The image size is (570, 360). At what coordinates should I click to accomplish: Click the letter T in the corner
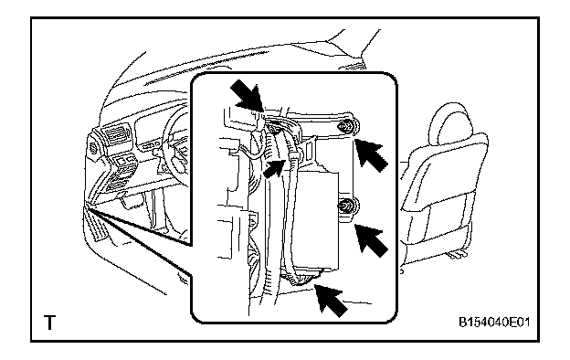[50, 323]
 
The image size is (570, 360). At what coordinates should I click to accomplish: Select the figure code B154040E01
[494, 323]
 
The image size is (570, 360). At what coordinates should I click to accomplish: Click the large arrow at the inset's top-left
[248, 96]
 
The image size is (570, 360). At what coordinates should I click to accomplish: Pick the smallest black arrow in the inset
[274, 168]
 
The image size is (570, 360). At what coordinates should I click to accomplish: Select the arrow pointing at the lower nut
[371, 240]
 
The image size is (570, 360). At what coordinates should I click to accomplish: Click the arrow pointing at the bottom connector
[330, 301]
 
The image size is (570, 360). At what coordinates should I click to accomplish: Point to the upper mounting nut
[345, 127]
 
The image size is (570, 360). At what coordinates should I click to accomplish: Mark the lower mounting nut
[344, 206]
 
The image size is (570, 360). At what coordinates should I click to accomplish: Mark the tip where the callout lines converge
[88, 206]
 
